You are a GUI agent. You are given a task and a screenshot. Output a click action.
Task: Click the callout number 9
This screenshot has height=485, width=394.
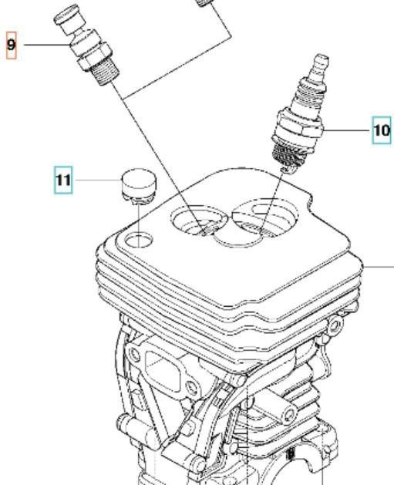[x=11, y=45]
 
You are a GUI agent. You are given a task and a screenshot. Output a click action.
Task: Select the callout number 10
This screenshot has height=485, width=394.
[x=382, y=130]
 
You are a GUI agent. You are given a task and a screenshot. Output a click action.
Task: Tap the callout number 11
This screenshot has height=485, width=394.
[x=63, y=180]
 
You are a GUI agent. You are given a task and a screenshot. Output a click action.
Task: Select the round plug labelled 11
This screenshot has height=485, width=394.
[x=138, y=186]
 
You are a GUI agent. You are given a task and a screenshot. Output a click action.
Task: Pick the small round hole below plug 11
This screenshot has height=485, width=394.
[x=138, y=240]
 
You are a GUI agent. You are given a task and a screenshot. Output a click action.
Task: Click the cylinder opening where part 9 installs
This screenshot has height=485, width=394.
[x=199, y=221]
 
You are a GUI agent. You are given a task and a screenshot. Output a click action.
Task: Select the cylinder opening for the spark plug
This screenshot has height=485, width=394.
[x=264, y=218]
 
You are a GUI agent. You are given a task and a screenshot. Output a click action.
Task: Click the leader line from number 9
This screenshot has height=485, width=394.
[x=47, y=45]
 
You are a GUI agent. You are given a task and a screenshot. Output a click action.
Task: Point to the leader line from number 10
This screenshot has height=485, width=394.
[x=346, y=130]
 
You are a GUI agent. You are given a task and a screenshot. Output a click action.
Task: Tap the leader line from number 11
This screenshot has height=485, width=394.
[x=98, y=180]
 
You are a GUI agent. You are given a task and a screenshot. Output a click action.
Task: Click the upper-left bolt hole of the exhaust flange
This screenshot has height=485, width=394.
[x=134, y=353]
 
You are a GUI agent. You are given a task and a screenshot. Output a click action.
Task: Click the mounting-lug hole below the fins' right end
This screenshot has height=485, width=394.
[x=335, y=325]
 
